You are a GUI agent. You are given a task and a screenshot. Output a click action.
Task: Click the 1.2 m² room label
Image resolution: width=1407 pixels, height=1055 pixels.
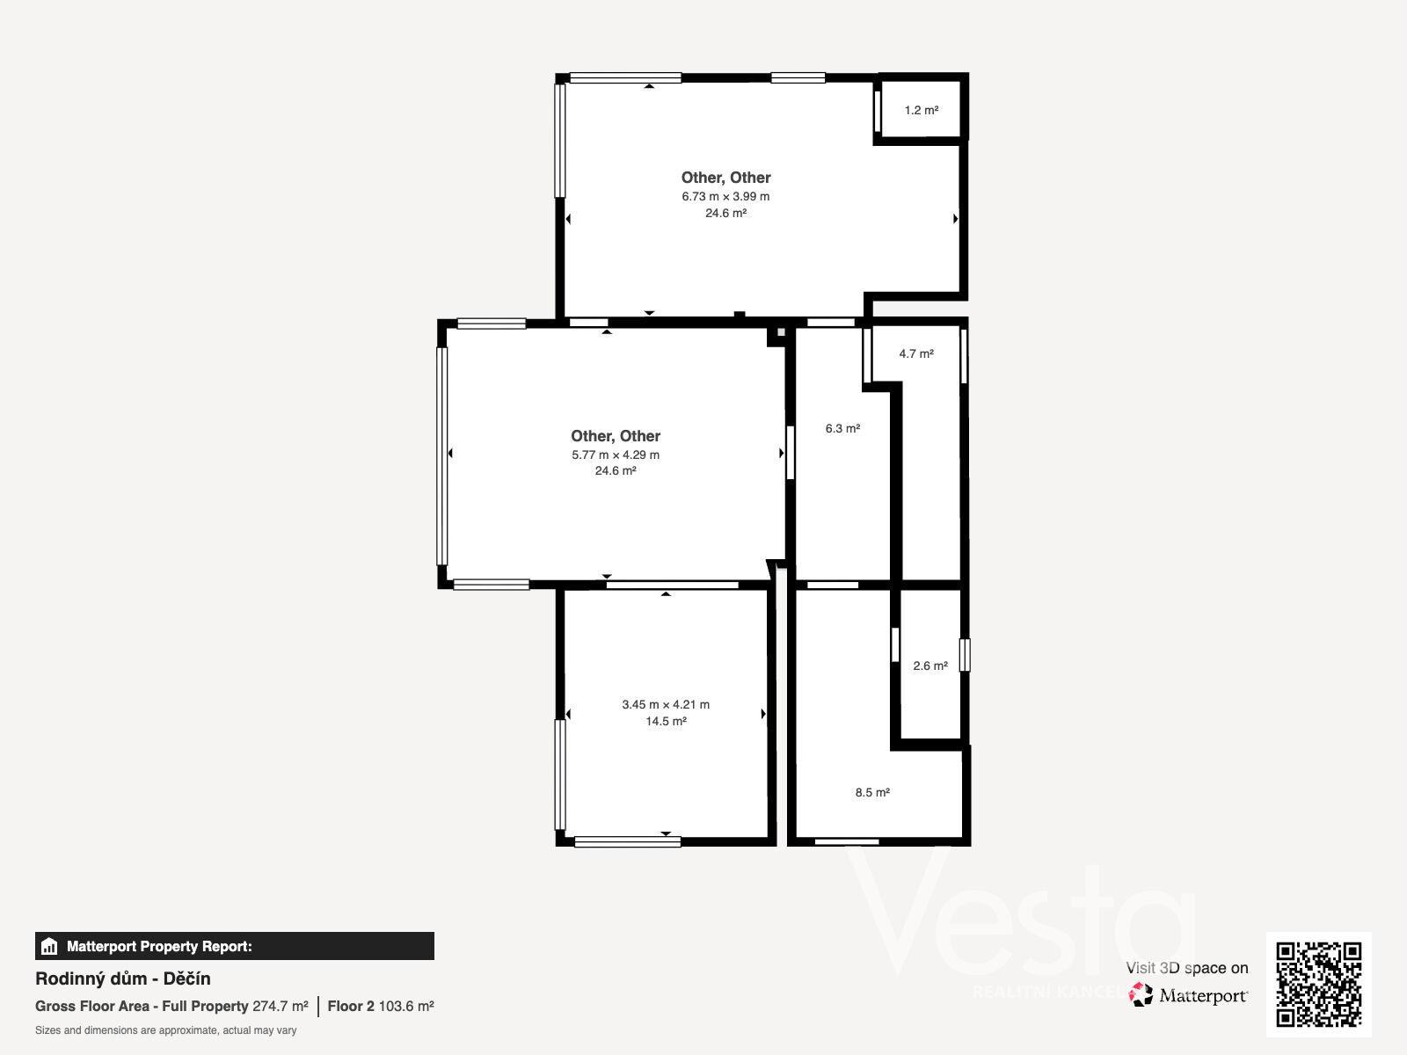coord(921,110)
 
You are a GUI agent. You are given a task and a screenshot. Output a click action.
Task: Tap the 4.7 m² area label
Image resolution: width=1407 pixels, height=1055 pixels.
coord(916,353)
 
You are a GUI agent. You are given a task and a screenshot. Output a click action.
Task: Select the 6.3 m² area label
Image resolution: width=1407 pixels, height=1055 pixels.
coord(842,428)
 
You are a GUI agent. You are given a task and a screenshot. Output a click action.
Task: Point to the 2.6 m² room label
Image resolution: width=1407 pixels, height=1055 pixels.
coord(930,666)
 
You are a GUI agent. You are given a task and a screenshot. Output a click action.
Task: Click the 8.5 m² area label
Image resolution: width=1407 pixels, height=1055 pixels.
coord(872,792)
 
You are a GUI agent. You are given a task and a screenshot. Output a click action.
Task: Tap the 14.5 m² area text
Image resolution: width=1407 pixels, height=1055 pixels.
coord(666,721)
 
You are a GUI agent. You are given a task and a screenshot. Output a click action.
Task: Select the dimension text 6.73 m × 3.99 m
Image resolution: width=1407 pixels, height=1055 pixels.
coord(725,197)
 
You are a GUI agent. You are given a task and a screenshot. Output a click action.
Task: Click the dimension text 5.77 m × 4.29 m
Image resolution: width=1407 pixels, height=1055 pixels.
coord(616,455)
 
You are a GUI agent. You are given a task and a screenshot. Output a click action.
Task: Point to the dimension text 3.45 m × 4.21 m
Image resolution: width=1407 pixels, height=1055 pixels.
coord(666,704)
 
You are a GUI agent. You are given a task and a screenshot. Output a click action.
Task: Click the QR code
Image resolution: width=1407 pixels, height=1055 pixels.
coord(1318,985)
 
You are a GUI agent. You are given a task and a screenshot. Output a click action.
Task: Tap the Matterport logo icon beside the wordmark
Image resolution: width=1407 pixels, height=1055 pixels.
coord(1141,995)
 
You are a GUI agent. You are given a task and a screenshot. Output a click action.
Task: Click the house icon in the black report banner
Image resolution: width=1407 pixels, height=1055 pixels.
coord(49,946)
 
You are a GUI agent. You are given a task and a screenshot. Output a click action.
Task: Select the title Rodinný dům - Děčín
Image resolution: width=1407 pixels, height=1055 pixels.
coord(123,979)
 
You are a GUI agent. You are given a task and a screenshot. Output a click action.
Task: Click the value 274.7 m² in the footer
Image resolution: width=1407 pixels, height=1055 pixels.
coord(281,1007)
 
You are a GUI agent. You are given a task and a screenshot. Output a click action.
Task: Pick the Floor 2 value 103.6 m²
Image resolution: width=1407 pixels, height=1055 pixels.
coord(406,1007)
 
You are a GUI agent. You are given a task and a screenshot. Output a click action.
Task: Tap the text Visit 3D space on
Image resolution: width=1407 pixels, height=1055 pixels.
coord(1187,968)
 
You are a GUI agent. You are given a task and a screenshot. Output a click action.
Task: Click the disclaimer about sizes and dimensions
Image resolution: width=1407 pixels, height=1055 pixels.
coord(166,1030)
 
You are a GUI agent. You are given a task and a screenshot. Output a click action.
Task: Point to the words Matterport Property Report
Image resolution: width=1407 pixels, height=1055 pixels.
coord(160,946)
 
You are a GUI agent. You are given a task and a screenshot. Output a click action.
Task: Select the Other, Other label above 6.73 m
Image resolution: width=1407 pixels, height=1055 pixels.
coord(725,178)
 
